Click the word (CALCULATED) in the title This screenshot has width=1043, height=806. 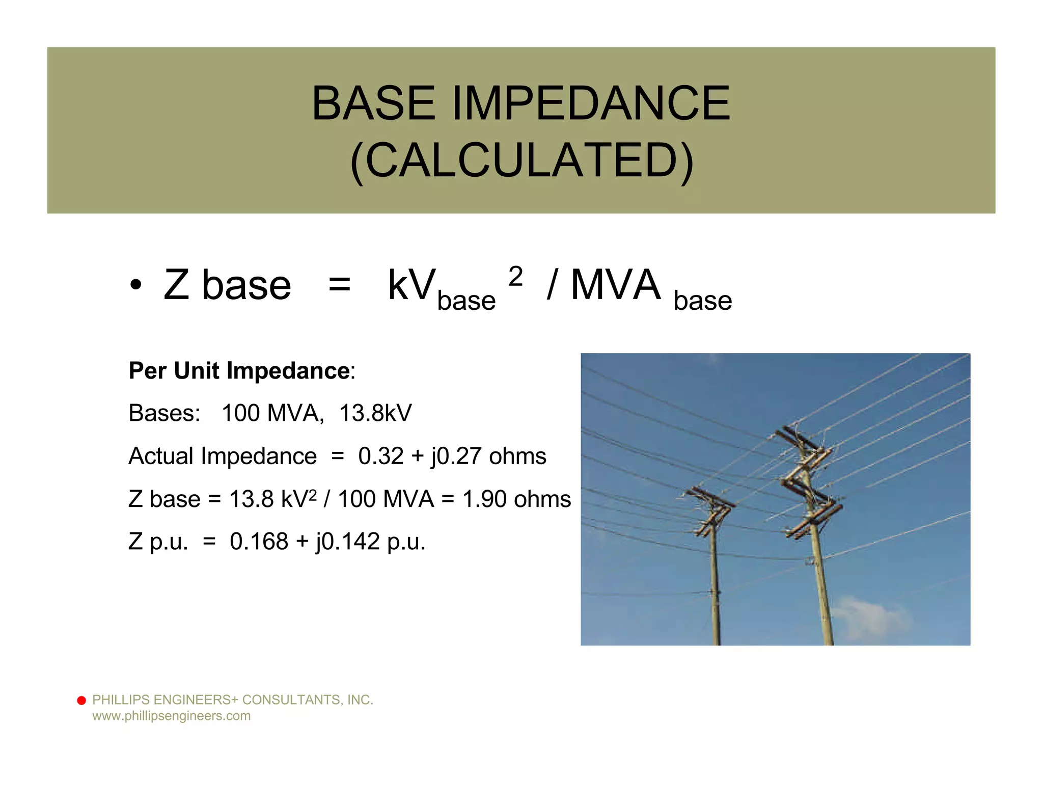coord(521,160)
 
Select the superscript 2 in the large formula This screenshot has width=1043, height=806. coord(515,277)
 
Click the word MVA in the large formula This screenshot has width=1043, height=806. coord(615,285)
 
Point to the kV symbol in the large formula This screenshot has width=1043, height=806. coord(411,285)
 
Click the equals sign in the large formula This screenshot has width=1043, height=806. coord(339,285)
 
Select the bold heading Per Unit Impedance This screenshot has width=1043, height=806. coord(239,371)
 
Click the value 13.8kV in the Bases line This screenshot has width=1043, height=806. coord(375,413)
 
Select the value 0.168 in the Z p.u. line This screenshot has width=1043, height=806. coord(259,542)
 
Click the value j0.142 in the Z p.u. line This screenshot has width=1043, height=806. coord(348,542)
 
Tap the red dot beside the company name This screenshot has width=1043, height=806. coord(81,701)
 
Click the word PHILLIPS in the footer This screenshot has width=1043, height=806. coord(121,700)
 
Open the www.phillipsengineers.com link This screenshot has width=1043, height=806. coord(171,716)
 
